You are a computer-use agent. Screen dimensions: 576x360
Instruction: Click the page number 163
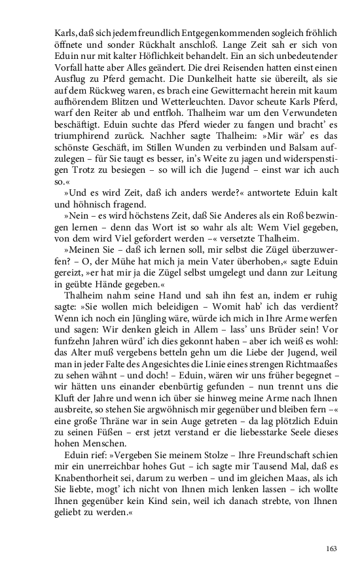[331, 549]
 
